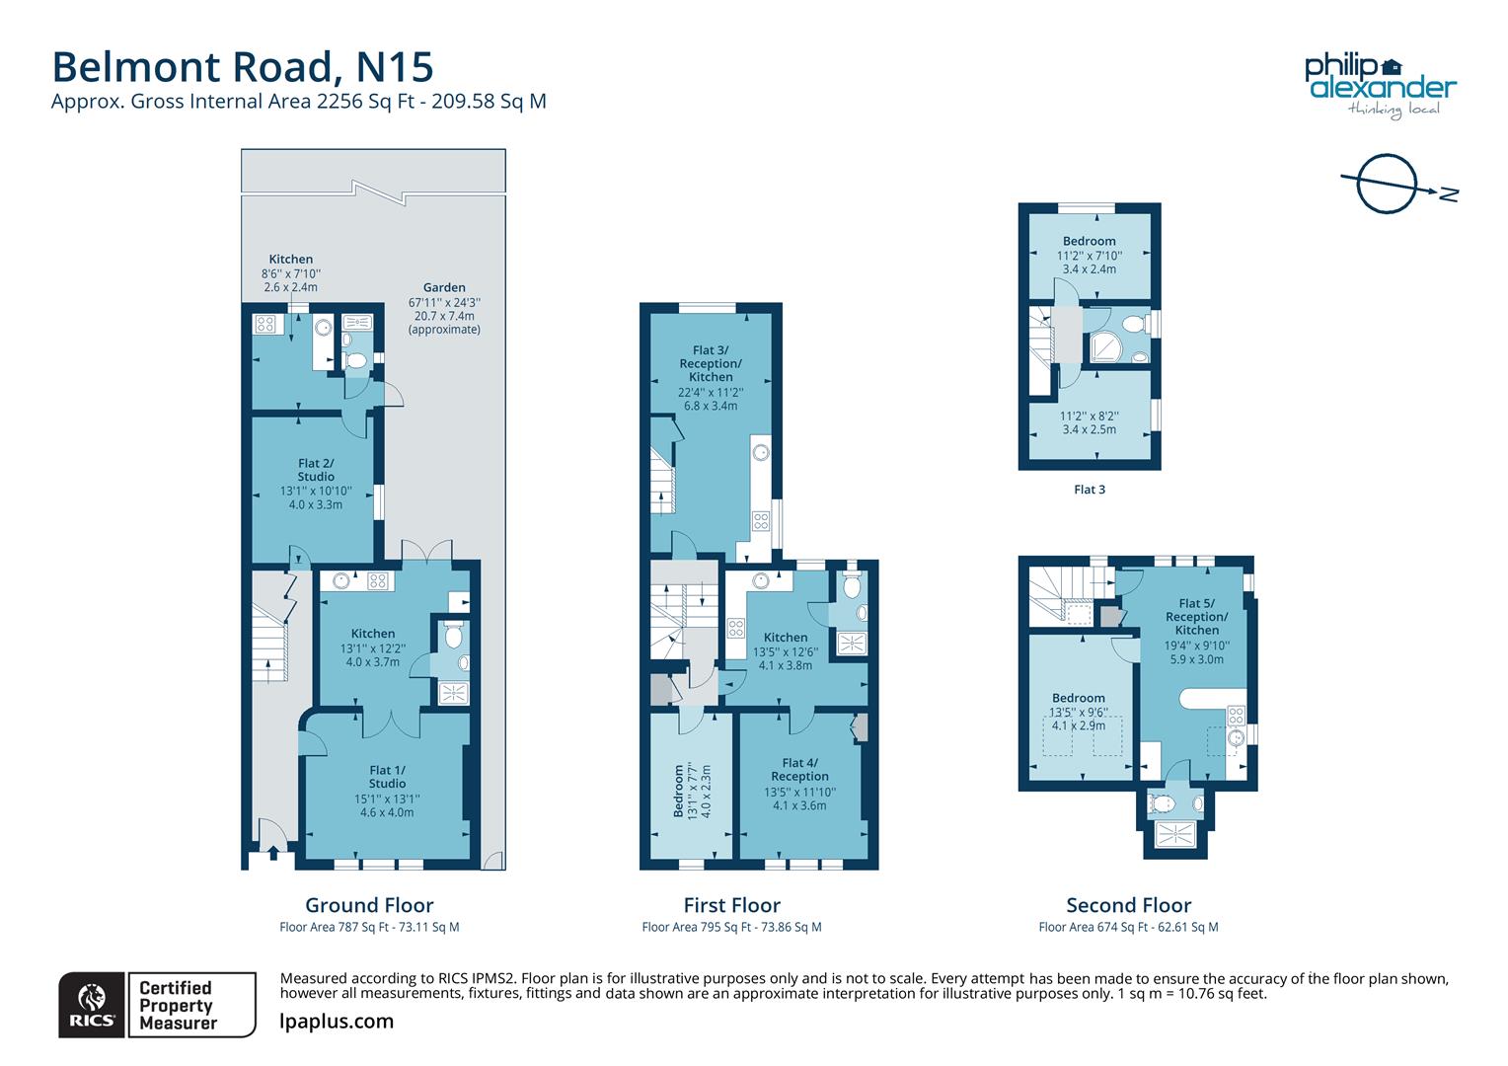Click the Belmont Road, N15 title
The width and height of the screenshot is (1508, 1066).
[242, 67]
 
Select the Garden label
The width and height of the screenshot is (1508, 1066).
[444, 288]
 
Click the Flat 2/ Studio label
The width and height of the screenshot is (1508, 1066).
[316, 470]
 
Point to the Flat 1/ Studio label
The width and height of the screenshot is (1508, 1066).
[387, 777]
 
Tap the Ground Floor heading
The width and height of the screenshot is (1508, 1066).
[369, 905]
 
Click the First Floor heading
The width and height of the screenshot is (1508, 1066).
[731, 905]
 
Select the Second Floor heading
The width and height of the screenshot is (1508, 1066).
[1128, 905]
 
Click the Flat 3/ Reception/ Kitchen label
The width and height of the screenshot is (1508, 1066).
[711, 363]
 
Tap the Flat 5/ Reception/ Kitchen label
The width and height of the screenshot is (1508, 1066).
[1196, 617]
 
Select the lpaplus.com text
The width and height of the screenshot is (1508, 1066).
[337, 1022]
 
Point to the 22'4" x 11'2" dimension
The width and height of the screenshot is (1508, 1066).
[711, 392]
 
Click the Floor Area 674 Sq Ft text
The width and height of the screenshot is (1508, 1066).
[1128, 927]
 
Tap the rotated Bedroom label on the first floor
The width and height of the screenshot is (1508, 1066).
[679, 790]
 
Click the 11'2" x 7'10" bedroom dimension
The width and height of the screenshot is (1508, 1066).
[1090, 255]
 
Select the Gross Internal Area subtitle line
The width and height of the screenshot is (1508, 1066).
[299, 101]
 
